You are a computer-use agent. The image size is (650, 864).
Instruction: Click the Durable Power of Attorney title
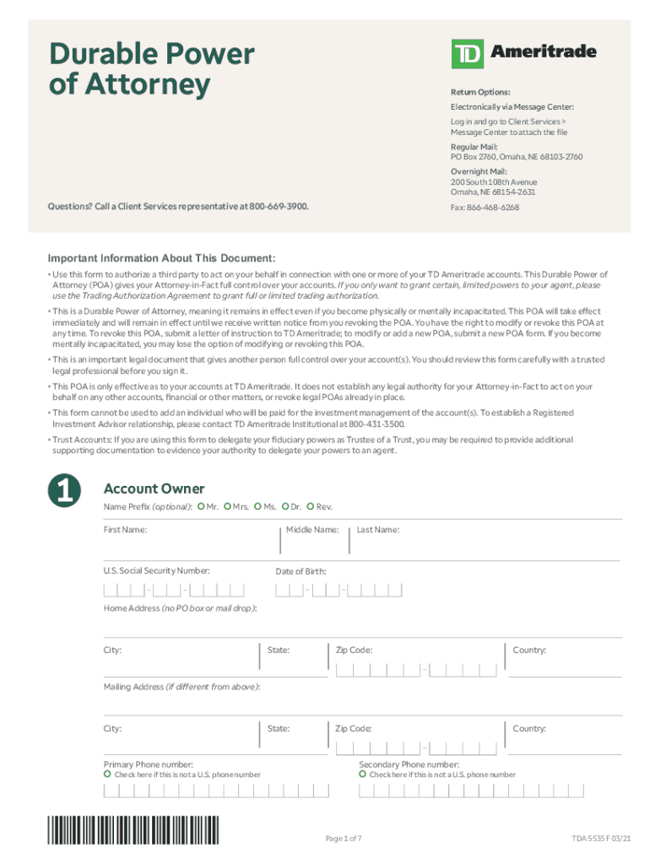151,68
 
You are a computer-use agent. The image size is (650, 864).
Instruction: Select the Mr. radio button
201,506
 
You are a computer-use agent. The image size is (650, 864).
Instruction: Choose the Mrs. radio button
228,506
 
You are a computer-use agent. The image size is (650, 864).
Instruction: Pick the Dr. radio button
285,506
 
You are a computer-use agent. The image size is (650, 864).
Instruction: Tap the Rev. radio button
311,506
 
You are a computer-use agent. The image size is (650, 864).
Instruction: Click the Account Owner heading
153,489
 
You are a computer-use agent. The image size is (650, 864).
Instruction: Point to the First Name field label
125,530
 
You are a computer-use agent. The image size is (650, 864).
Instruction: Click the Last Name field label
377,530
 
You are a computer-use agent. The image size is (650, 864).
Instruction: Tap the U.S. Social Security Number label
156,571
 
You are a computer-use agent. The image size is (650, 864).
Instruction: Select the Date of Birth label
301,571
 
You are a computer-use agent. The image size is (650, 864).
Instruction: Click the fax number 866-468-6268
494,207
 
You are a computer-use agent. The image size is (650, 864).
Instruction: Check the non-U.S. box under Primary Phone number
107,774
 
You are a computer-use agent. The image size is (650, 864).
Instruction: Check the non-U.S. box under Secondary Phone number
362,774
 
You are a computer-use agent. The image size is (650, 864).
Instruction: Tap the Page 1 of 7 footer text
344,838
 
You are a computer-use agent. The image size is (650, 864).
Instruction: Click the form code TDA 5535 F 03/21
600,838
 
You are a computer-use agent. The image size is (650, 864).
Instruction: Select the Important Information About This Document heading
161,258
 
